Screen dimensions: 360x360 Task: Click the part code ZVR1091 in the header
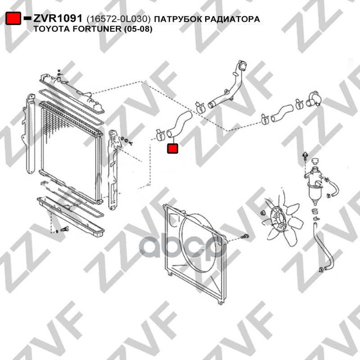tap(58, 18)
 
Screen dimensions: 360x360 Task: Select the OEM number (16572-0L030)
tap(119, 19)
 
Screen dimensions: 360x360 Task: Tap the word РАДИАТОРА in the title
tap(232, 19)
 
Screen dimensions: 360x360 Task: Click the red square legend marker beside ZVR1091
tap(13, 18)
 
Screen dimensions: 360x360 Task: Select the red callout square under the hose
tap(173, 148)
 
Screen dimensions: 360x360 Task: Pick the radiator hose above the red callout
tap(179, 124)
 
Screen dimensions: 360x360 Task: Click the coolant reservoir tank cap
tap(316, 161)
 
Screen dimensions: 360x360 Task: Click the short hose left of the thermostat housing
tap(282, 113)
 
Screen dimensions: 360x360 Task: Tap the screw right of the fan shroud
tap(245, 237)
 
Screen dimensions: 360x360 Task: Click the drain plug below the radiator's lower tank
tap(65, 229)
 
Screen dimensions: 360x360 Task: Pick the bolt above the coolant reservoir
tap(305, 156)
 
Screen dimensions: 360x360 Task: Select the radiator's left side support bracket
tap(29, 134)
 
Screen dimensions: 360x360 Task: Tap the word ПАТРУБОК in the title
tap(178, 19)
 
